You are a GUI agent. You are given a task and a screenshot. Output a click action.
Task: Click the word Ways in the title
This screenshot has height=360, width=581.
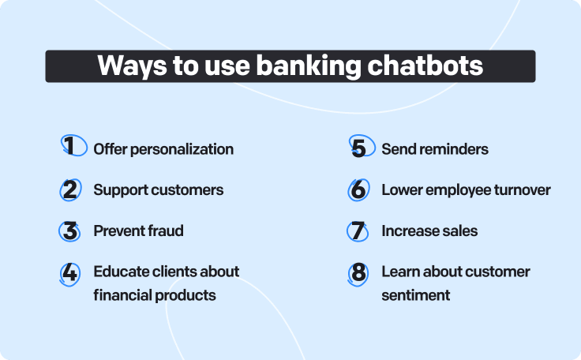(132, 66)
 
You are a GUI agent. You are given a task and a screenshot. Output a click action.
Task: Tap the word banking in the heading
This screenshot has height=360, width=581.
(309, 66)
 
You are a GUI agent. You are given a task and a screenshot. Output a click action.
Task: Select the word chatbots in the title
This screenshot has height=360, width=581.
(425, 66)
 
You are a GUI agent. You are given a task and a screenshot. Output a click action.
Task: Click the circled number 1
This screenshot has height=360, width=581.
(73, 145)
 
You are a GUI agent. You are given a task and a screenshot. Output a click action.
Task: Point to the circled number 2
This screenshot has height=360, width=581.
(70, 189)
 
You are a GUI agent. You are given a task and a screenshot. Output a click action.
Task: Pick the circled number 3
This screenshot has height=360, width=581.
(69, 231)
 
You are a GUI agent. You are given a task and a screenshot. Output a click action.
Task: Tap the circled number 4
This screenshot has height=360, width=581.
(69, 274)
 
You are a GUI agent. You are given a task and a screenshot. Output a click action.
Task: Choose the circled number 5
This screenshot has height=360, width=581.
(362, 146)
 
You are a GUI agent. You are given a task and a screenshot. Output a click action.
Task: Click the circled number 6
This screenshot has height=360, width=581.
(358, 189)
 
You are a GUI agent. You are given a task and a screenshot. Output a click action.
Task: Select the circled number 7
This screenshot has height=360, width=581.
(358, 231)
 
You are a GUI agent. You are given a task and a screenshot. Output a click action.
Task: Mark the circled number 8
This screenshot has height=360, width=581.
(358, 274)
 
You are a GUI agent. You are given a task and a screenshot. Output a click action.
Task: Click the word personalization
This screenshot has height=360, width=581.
(182, 150)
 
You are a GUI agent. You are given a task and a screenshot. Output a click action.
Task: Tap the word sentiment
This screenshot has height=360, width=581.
(416, 295)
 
